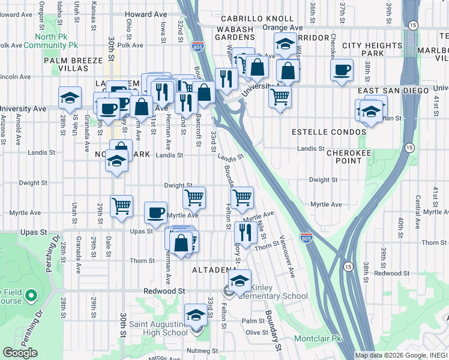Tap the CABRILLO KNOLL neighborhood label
pyautogui.click(x=249, y=19)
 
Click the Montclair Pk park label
pyautogui.click(x=318, y=339)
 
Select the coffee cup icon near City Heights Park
pyautogui.click(x=342, y=69)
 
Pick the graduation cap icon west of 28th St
pyautogui.click(x=70, y=97)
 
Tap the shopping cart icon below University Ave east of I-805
pyautogui.click(x=280, y=96)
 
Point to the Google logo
pyautogui.click(x=20, y=353)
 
